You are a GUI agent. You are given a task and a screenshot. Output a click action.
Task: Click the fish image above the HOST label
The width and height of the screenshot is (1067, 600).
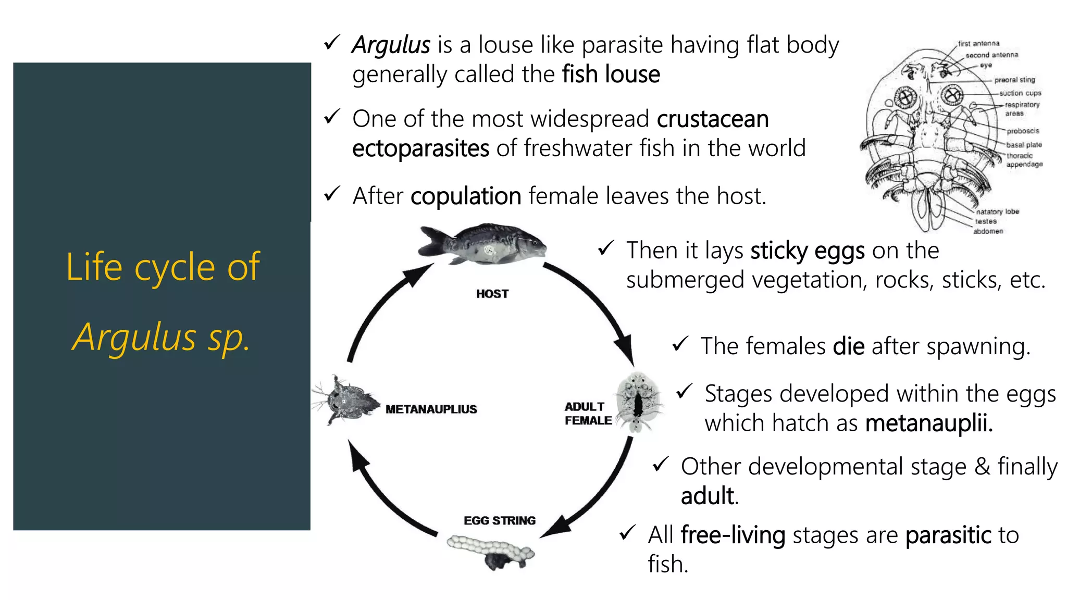click(482, 244)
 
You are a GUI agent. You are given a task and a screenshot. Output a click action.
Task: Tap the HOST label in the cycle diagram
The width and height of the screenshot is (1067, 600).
click(492, 294)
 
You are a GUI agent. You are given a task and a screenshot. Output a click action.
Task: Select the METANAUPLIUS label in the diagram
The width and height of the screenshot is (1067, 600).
click(431, 409)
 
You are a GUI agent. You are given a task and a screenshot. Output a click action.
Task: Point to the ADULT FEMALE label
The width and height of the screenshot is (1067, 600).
click(588, 414)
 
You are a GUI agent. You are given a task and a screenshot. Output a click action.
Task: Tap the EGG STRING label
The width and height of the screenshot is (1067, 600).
click(499, 521)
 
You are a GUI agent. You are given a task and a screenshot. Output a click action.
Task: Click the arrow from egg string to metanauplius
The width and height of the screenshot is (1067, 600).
click(386, 495)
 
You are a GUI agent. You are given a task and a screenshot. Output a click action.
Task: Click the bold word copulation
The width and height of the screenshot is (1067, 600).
click(466, 197)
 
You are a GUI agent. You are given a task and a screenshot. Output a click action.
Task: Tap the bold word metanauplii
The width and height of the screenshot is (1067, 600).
click(928, 423)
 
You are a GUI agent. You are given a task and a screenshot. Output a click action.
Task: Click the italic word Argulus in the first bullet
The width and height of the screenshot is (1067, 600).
click(391, 45)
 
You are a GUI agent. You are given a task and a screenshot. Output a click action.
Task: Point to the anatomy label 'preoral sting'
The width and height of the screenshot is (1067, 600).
click(1014, 80)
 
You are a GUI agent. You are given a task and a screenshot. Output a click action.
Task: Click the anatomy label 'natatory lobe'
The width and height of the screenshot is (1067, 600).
click(997, 211)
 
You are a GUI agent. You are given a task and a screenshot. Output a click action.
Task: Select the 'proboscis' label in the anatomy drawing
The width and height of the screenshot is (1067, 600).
click(1023, 131)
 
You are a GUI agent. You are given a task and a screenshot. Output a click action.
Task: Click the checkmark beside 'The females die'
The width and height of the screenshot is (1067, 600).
click(680, 344)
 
